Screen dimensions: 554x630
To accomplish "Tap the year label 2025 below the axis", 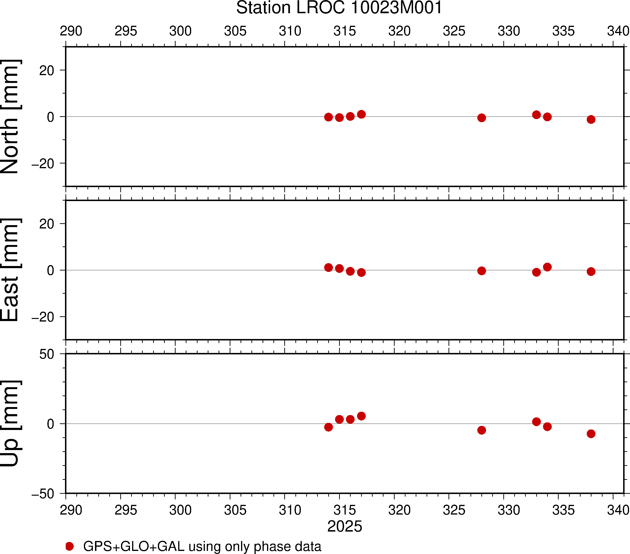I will coord(345,526).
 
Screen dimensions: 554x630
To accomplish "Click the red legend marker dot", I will coord(70,546).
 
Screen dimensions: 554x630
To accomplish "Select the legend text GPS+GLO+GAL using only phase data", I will coord(202,546).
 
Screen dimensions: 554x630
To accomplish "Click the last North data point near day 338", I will coord(591,119).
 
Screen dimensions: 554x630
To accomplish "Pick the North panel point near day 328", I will coord(481,118).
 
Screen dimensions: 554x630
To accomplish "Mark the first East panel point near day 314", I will coord(328,267).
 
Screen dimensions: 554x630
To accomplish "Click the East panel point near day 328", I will coord(481,271).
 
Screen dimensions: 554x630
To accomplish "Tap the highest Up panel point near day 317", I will coord(361,416).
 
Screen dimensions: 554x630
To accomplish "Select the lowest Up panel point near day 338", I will coord(591,434).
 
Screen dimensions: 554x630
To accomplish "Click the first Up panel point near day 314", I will coord(328,427).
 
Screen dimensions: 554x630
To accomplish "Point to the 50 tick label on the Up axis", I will coord(47,354).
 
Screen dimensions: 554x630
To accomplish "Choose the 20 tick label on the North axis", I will coord(47,71).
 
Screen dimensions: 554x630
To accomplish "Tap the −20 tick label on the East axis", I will coord(43,317).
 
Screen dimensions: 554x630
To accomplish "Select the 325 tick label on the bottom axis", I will coord(454,510).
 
